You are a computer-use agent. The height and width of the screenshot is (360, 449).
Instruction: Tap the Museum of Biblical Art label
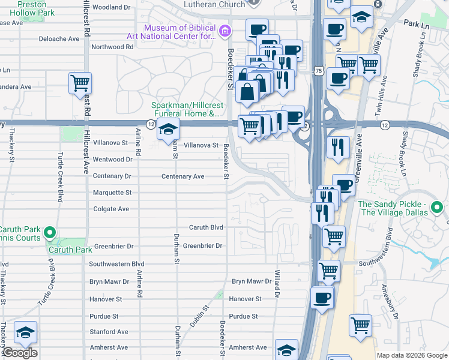coord(179,31)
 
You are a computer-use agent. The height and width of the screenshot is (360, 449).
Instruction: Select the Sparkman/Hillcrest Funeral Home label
coord(186,109)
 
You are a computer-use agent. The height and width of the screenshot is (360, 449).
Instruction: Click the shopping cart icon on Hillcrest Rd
coord(80,83)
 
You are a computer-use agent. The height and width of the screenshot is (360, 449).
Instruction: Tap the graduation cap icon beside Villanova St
coord(168,130)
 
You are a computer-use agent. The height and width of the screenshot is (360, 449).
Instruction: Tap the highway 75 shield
coord(318,71)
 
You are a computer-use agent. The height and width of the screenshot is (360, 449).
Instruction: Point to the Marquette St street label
coord(112,193)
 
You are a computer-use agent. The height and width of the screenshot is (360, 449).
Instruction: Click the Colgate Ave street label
coord(111,209)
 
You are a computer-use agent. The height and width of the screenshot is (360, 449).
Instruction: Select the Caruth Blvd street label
coord(206,227)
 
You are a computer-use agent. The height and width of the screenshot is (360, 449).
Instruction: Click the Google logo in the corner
coord(20,353)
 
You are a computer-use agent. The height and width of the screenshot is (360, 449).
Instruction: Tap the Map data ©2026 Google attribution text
coord(412,355)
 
